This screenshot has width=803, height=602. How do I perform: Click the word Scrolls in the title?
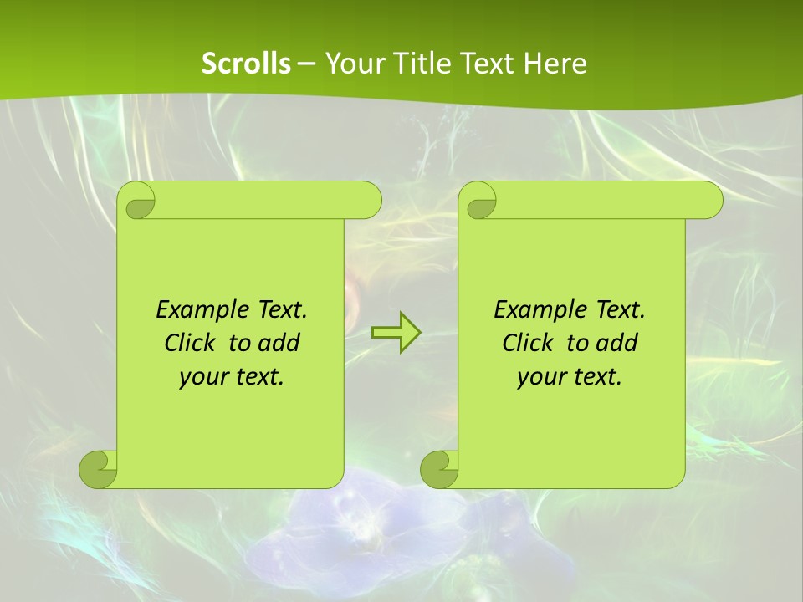click(246, 64)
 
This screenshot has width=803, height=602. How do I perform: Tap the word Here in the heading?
click(555, 64)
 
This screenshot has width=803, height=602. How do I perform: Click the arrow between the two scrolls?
click(396, 333)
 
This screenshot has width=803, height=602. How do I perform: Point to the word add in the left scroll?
click(279, 343)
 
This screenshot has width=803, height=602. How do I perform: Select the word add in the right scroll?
click(617, 343)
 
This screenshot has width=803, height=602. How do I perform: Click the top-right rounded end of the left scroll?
click(368, 200)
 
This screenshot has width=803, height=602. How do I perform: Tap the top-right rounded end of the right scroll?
click(709, 200)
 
